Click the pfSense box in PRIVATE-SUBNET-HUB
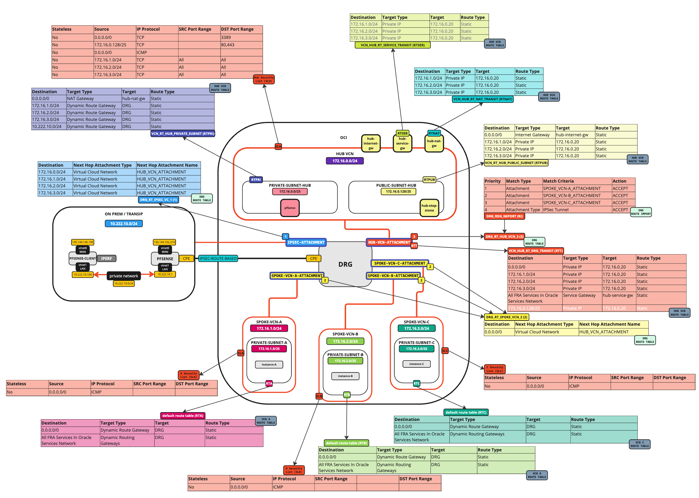[x=289, y=208]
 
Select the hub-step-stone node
[x=429, y=208]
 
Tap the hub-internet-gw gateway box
[x=371, y=143]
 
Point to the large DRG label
[x=345, y=264]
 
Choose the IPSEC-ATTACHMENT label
[x=305, y=242]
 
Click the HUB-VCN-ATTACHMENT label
[x=389, y=242]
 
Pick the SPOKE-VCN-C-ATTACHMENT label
[x=399, y=263]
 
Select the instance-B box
[x=345, y=376]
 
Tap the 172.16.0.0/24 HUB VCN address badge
[x=344, y=161]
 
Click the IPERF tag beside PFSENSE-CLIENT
[x=107, y=258]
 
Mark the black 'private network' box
[x=124, y=276]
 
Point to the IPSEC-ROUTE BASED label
[x=218, y=258]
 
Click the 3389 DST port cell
[x=241, y=37]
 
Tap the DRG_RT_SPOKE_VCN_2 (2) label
[x=506, y=317]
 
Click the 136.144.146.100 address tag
[x=83, y=242]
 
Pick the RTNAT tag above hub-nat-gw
[x=434, y=133]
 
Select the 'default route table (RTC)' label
[x=466, y=412]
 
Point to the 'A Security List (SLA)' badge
[x=188, y=375]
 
